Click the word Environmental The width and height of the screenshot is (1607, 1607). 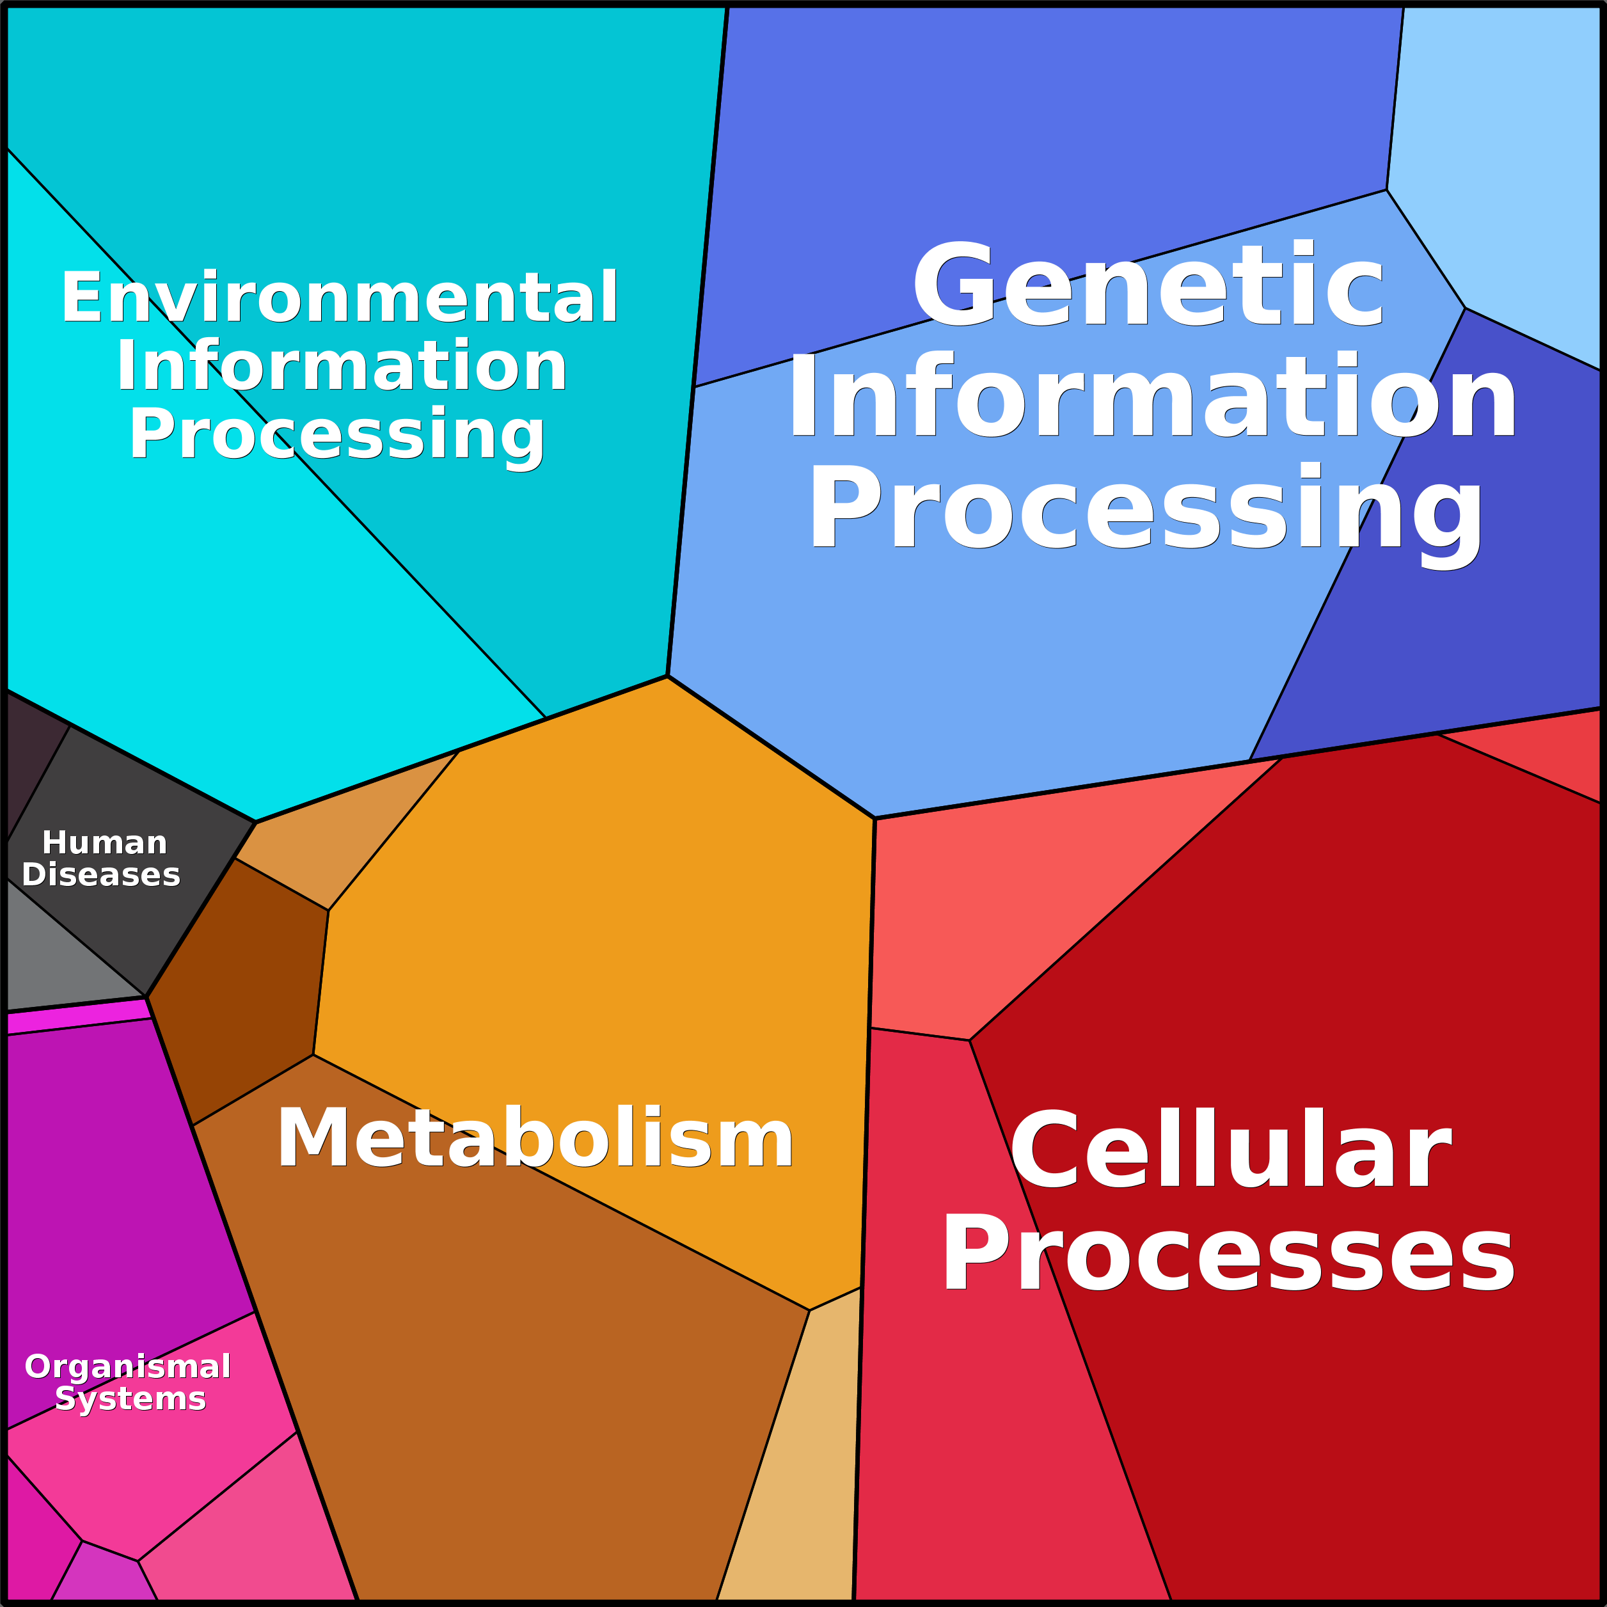coord(339,297)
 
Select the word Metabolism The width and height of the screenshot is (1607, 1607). coord(535,1139)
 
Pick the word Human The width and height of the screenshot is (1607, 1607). coord(105,843)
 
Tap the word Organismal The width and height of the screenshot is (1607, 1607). coord(128,1366)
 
